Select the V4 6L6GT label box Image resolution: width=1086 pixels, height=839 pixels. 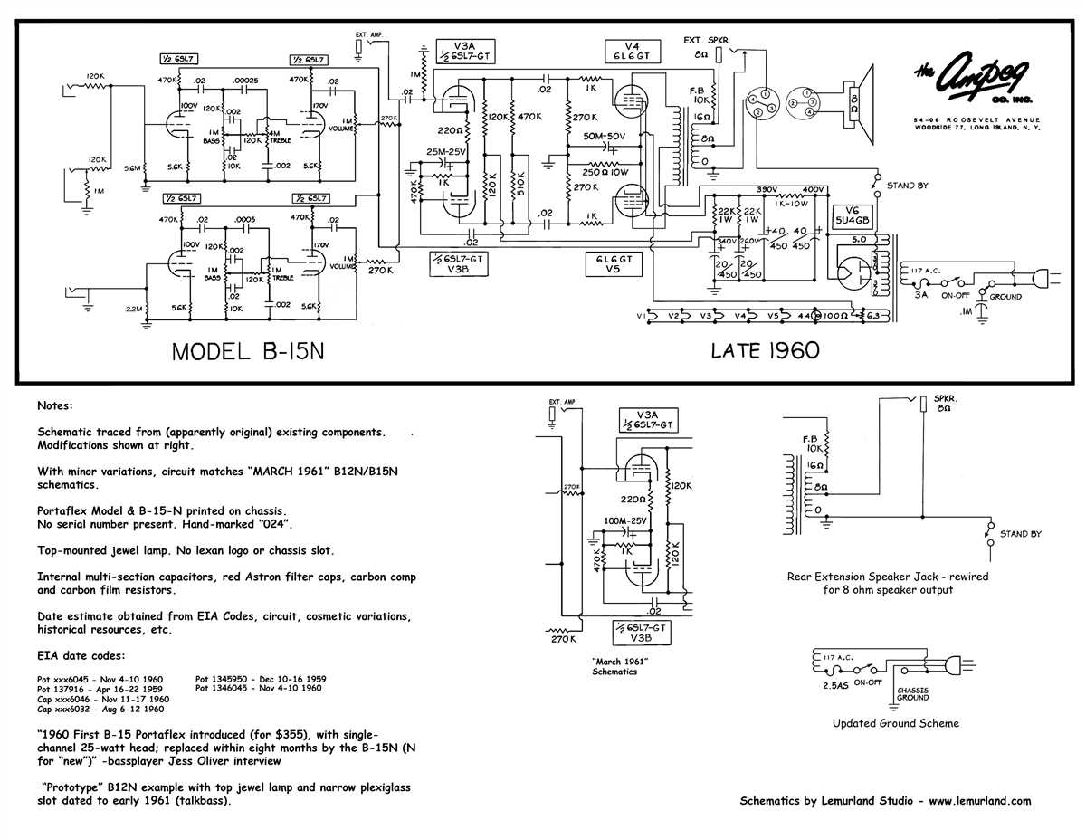631,50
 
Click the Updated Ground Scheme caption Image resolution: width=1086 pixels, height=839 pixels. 895,723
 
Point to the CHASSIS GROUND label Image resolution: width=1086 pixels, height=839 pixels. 912,693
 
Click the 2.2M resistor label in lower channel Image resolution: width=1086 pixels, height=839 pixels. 134,309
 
